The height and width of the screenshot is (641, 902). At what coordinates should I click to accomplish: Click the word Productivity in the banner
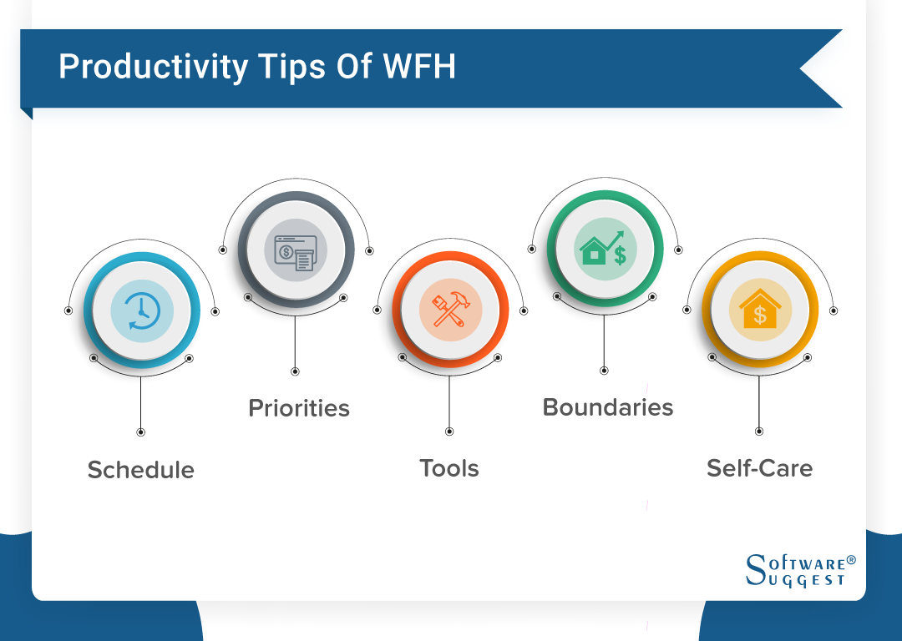pos(153,68)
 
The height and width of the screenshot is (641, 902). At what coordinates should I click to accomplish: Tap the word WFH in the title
pos(419,66)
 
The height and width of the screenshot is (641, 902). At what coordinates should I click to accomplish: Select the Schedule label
pos(141,470)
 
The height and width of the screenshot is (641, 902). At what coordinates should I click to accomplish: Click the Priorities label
pos(298,408)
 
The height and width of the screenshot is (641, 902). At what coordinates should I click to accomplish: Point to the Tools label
pos(449,468)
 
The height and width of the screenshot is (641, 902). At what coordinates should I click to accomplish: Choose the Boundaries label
pos(607,407)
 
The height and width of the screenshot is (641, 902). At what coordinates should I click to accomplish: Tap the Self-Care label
pos(759,468)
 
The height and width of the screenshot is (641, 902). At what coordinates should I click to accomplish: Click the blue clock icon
pos(142,311)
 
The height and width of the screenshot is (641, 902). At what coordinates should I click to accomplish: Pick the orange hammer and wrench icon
pos(451,310)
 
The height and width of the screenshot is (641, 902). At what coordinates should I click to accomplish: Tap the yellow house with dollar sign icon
pos(760,309)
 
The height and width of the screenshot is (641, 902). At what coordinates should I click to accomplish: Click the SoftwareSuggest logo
pos(800,570)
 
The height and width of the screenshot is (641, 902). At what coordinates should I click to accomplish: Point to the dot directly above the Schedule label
pos(140,432)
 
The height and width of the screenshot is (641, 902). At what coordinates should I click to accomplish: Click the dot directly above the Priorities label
pos(295,371)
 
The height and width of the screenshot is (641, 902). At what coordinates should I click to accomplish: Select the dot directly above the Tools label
pos(449,432)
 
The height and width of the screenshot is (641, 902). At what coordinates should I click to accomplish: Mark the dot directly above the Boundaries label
pos(604,371)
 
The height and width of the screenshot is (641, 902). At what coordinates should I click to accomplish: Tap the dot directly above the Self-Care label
pos(758,432)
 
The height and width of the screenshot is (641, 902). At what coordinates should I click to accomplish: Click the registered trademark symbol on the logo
pos(851,560)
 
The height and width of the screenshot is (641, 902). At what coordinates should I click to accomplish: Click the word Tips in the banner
pos(292,68)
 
